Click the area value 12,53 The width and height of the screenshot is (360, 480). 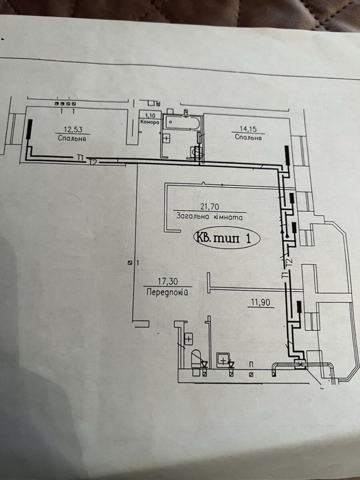click(x=73, y=130)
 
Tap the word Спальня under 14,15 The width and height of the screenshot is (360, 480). click(x=248, y=138)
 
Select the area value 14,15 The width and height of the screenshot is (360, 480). click(x=248, y=129)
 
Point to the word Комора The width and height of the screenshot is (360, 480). click(x=150, y=122)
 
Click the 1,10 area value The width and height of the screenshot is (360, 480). click(x=150, y=115)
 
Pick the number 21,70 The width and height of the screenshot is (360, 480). click(x=210, y=206)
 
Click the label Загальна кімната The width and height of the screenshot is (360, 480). click(x=209, y=216)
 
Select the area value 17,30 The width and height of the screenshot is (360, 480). click(x=168, y=282)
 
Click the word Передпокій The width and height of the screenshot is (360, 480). click(x=167, y=292)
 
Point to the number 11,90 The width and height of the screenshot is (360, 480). click(x=260, y=303)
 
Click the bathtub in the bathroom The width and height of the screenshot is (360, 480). click(x=182, y=123)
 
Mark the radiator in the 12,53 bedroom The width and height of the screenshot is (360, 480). click(x=29, y=129)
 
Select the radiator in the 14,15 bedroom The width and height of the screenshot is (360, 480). click(x=288, y=156)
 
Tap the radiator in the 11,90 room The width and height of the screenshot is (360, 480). click(x=299, y=306)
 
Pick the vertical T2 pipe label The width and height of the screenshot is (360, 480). click(x=290, y=262)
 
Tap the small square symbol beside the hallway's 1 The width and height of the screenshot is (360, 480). click(x=130, y=263)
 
